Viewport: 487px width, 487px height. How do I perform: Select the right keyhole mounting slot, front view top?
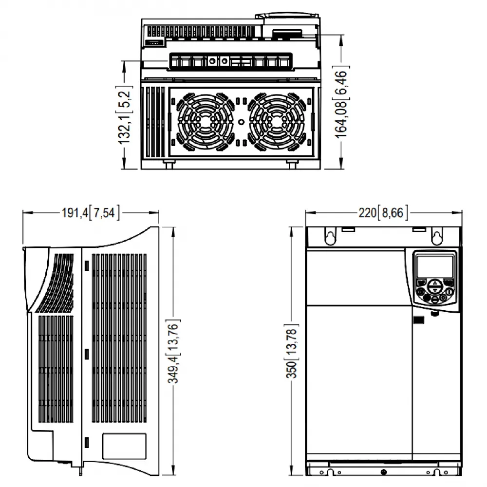(x=437, y=237)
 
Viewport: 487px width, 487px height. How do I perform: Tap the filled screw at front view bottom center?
(x=384, y=473)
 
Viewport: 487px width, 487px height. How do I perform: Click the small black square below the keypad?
(x=417, y=320)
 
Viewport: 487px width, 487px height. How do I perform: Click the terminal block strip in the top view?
(x=231, y=62)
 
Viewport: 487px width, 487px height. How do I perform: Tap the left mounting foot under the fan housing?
(x=168, y=164)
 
